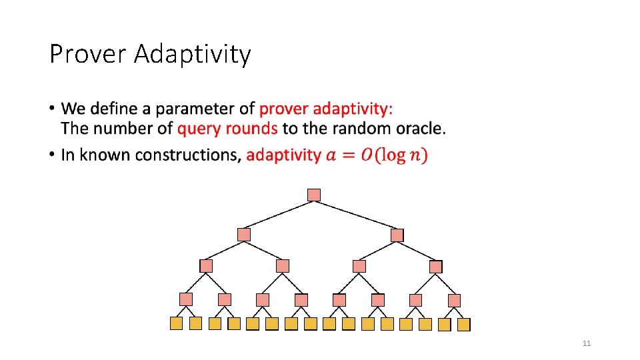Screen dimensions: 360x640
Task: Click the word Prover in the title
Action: click(88, 54)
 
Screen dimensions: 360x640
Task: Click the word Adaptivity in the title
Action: click(192, 54)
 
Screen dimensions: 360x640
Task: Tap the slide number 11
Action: click(587, 343)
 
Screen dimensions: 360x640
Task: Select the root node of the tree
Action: click(314, 195)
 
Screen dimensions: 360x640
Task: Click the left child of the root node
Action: click(244, 235)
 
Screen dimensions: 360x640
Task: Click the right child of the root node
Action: click(397, 235)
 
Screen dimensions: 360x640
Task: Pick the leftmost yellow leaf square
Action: click(176, 323)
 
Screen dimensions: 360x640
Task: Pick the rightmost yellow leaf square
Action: click(463, 325)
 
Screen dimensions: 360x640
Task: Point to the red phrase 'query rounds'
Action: click(227, 128)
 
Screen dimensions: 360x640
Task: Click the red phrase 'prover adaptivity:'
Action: click(326, 109)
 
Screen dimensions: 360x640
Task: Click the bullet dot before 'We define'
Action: click(52, 109)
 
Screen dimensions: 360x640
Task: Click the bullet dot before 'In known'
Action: click(52, 155)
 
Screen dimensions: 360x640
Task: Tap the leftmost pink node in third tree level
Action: click(206, 266)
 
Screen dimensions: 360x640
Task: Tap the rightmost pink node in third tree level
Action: click(435, 267)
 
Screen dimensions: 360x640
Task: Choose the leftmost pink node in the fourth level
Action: click(186, 299)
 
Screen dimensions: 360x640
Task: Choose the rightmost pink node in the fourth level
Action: click(454, 301)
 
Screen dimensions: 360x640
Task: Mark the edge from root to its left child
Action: click(279, 215)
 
